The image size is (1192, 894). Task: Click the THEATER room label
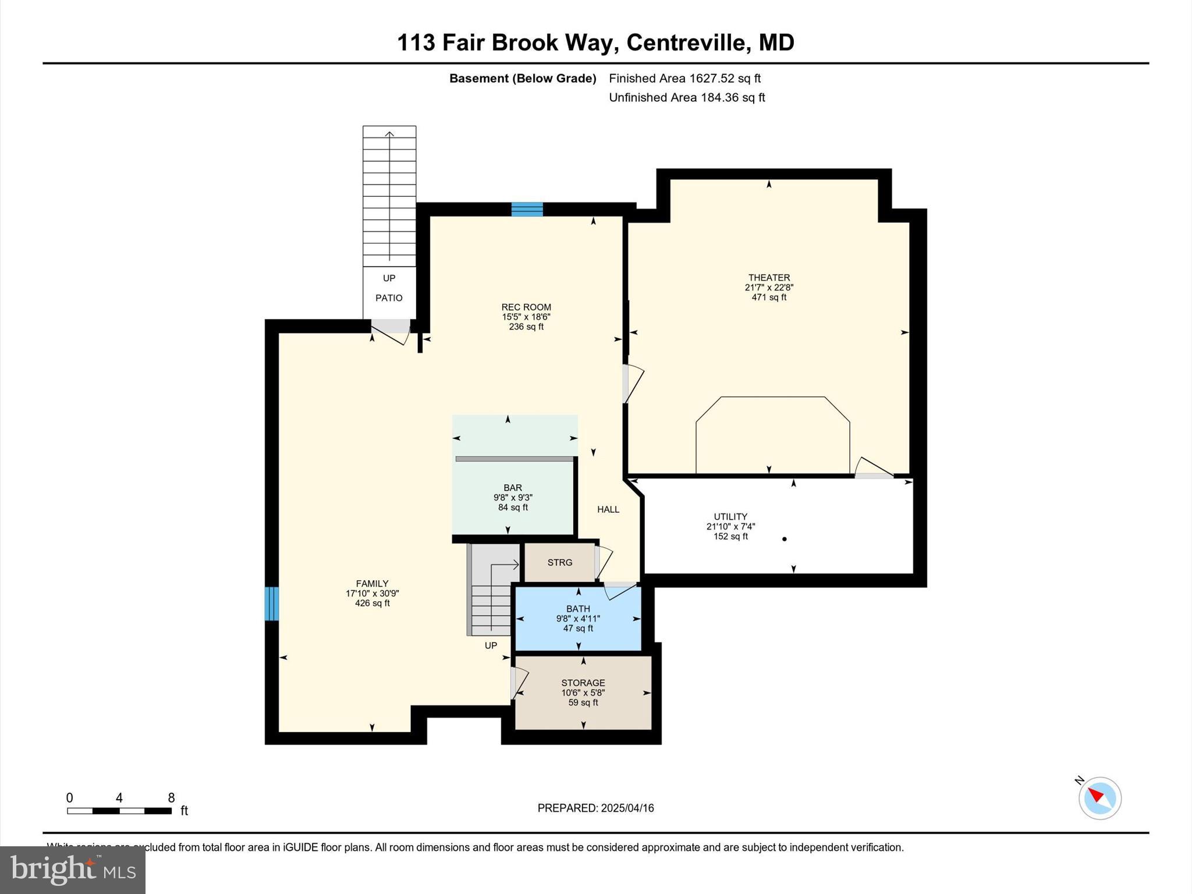(768, 278)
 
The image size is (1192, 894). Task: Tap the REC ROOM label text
(526, 307)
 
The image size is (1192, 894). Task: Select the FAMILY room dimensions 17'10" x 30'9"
(372, 594)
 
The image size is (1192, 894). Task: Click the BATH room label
(578, 609)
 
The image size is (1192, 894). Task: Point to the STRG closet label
(560, 563)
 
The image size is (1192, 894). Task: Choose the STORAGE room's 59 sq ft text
(583, 703)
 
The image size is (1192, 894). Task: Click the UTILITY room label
(730, 517)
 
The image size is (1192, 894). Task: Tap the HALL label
(608, 509)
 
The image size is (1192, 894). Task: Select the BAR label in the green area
(513, 488)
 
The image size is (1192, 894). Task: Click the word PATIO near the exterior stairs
(389, 298)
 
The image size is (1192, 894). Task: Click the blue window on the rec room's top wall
(527, 210)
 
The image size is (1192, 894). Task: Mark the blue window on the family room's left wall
(272, 604)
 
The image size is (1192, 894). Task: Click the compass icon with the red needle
(1099, 798)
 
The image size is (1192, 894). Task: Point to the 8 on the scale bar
(171, 798)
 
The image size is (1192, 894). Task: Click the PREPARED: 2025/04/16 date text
(595, 808)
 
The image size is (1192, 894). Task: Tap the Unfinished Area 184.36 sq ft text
(687, 98)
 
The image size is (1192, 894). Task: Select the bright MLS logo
(73, 870)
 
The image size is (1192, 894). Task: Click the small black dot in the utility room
(785, 539)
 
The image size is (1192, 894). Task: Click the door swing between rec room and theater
(633, 384)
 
